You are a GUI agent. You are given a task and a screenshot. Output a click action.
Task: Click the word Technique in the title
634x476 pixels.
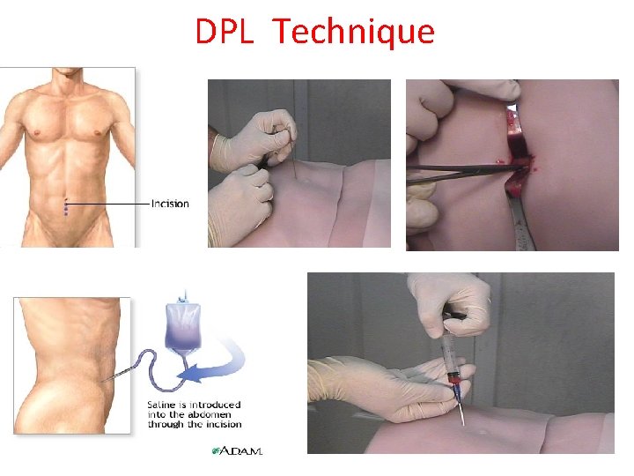tap(353, 32)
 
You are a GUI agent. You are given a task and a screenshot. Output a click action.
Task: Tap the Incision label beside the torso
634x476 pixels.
tap(170, 204)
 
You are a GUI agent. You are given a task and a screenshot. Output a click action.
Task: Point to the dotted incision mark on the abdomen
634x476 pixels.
tap(65, 208)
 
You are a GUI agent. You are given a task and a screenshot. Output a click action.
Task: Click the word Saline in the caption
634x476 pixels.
tap(164, 405)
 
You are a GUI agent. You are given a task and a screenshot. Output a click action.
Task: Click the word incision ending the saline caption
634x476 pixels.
tap(219, 425)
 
